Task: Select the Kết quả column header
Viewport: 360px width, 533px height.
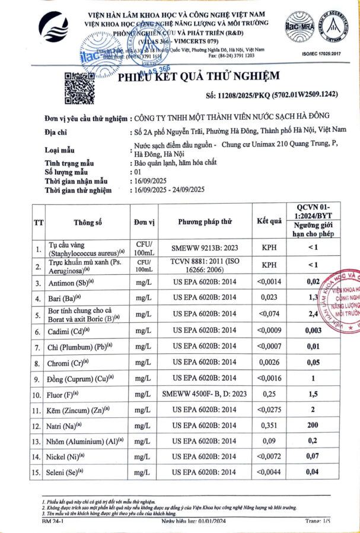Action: coord(269,221)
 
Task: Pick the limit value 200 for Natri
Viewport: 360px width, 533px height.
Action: coord(313,425)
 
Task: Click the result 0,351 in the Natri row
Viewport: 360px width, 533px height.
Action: coord(269,425)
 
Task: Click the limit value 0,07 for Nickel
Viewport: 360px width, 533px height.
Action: coord(313,457)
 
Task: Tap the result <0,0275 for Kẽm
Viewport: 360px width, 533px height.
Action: coord(269,410)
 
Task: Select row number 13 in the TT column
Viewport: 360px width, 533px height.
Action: coord(38,441)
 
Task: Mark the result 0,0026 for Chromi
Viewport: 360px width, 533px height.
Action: coord(269,361)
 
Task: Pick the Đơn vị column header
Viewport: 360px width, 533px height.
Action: coord(144,221)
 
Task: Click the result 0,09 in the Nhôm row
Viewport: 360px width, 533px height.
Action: coord(269,441)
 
